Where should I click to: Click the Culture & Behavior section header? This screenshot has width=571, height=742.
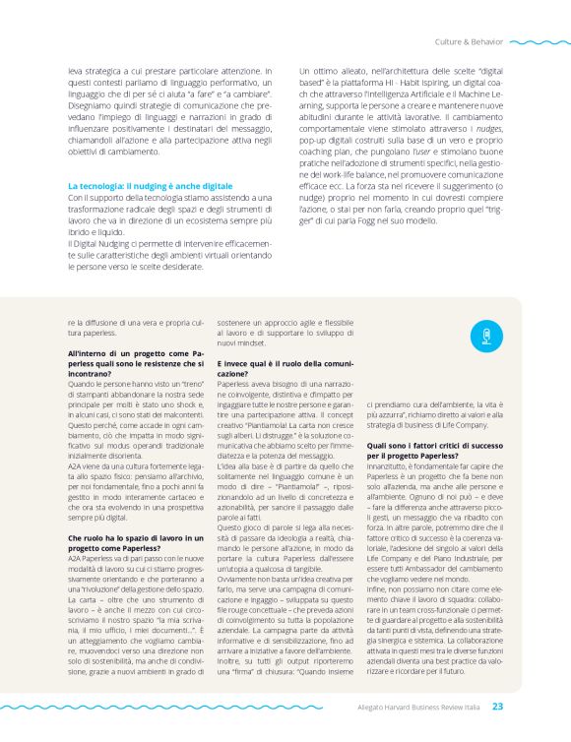[468, 42]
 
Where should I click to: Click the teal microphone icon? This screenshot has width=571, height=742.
[482, 337]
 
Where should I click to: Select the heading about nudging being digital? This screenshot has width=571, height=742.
[150, 185]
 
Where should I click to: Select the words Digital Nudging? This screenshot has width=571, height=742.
[103, 242]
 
